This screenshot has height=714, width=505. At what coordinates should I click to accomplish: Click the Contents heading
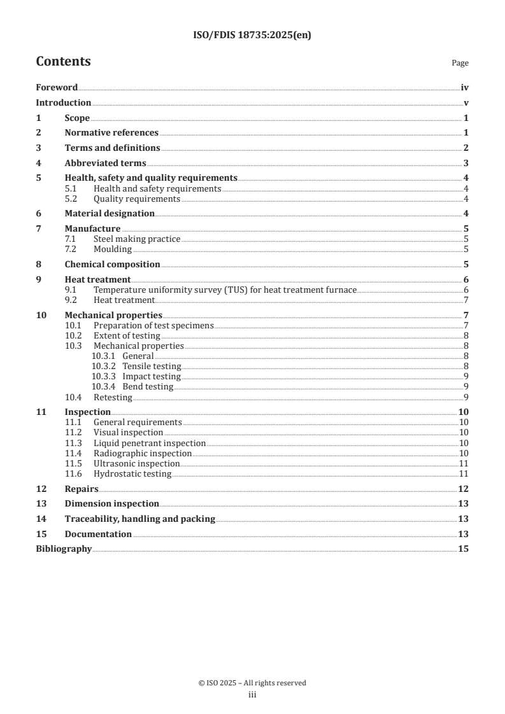pos(63,62)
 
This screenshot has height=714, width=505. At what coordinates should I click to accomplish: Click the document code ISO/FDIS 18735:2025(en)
pos(252,36)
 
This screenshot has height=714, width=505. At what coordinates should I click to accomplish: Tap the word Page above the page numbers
pos(460,63)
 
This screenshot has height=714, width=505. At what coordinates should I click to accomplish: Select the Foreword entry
pos(57,88)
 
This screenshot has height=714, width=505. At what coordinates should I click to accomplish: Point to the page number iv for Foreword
pos(464,88)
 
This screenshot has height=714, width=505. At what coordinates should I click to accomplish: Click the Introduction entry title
pos(63,103)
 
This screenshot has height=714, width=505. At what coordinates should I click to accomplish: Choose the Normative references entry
pos(111,133)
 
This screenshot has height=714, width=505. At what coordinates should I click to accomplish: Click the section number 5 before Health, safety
pos(38,178)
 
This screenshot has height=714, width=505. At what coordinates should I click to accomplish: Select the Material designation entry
pos(110,214)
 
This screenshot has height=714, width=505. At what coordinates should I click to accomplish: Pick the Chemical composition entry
pos(112,265)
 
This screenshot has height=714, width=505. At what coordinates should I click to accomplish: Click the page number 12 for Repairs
pos(464,489)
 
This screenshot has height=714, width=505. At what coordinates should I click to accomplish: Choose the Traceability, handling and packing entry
pos(139,519)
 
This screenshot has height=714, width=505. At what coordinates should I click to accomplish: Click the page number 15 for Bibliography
pos(464,549)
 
